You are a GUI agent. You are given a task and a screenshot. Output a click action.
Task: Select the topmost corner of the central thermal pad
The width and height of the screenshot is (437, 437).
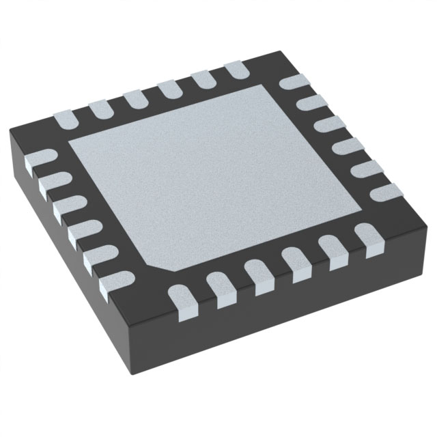(268, 87)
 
